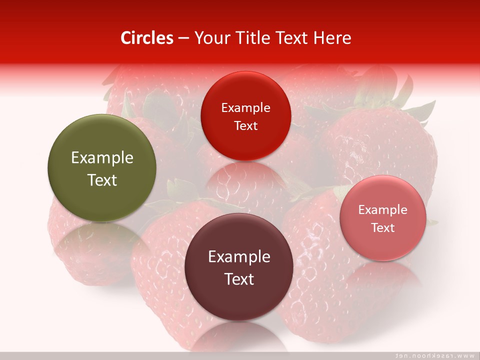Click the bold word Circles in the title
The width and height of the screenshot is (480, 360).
[147, 38]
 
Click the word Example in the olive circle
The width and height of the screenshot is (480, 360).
[102, 158]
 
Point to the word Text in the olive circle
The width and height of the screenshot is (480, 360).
[102, 180]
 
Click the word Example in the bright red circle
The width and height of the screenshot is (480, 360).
[245, 108]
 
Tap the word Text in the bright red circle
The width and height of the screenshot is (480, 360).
[245, 125]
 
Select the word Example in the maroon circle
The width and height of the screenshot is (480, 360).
[239, 257]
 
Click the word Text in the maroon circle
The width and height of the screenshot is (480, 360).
[239, 279]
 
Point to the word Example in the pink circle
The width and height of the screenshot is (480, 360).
[383, 210]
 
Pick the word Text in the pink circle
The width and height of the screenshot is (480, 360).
[383, 227]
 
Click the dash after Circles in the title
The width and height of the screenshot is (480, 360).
[183, 38]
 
